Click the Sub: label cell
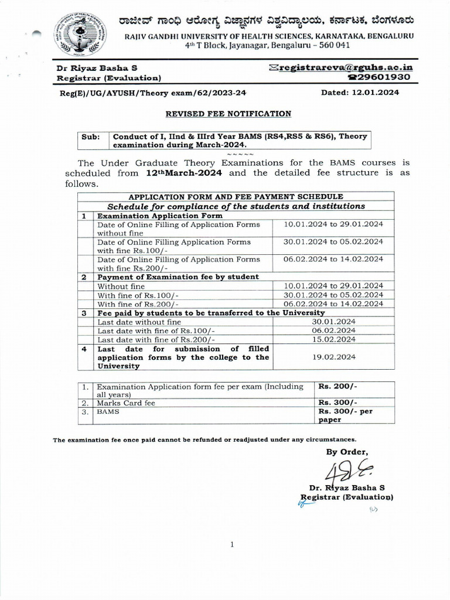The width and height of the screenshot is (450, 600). (x=91, y=137)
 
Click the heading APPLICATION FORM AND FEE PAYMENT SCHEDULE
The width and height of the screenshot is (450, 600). (x=236, y=196)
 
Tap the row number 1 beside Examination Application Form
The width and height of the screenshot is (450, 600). (x=84, y=216)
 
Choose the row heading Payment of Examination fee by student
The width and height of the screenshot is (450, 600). (x=178, y=277)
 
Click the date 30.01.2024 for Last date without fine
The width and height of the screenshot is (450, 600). (x=333, y=322)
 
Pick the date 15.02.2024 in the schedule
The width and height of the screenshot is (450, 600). (x=333, y=339)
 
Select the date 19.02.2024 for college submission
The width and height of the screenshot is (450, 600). (x=333, y=357)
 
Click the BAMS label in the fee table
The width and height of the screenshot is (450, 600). (x=108, y=412)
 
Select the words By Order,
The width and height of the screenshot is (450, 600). (x=347, y=451)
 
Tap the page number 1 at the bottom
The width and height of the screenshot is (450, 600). (x=232, y=544)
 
